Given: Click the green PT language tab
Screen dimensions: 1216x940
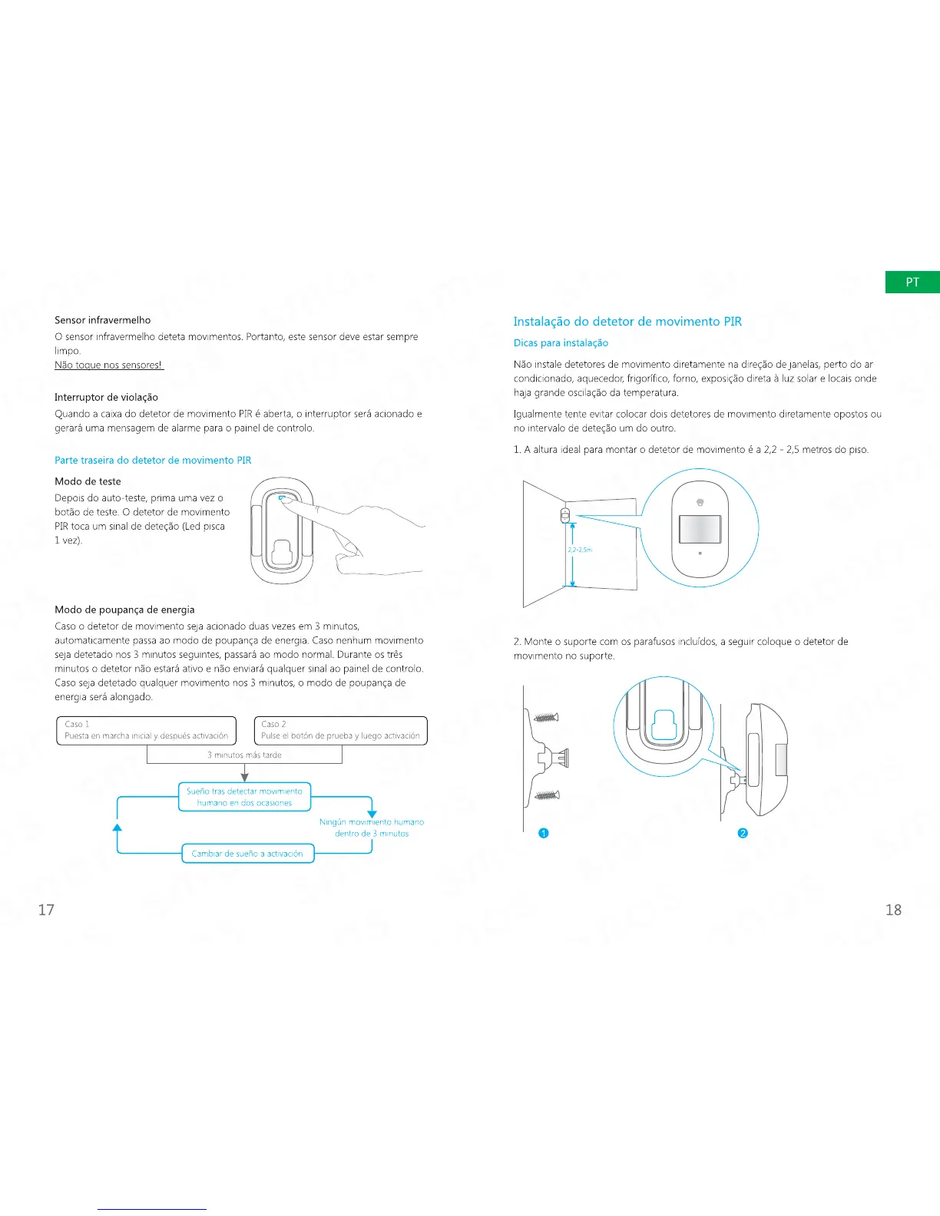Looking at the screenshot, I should pyautogui.click(x=912, y=282).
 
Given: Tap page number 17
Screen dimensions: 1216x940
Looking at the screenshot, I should pyautogui.click(x=46, y=910).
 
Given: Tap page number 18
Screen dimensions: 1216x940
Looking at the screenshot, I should pyautogui.click(x=893, y=910).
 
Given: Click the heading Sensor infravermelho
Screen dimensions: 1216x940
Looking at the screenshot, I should pyautogui.click(x=102, y=320).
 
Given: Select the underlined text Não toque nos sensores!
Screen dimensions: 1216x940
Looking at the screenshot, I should pyautogui.click(x=108, y=365).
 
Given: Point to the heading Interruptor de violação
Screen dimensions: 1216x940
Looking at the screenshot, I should pyautogui.click(x=106, y=397).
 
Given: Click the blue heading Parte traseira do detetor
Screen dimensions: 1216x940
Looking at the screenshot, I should pyautogui.click(x=153, y=460).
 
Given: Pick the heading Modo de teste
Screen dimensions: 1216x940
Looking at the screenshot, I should pyautogui.click(x=88, y=481).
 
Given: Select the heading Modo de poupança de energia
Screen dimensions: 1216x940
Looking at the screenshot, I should pyautogui.click(x=124, y=610).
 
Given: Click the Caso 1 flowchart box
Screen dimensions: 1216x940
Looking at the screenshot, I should pyautogui.click(x=145, y=730).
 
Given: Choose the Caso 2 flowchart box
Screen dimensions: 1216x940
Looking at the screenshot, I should pyautogui.click(x=340, y=730).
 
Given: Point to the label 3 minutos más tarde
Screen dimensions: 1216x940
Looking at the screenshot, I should pyautogui.click(x=244, y=755).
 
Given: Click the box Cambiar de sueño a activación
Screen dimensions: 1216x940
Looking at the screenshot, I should pyautogui.click(x=247, y=854).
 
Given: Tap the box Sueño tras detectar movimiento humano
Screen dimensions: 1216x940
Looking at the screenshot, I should pyautogui.click(x=244, y=797).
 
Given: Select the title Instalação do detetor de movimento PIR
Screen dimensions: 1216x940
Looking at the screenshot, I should pyautogui.click(x=627, y=322).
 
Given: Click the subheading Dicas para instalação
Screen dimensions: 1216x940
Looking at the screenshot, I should pyautogui.click(x=561, y=343).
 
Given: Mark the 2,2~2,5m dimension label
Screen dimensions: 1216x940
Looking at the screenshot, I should pyautogui.click(x=580, y=550).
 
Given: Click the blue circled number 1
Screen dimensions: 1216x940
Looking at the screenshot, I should pyautogui.click(x=543, y=834).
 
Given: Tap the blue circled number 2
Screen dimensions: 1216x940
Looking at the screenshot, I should pyautogui.click(x=742, y=834).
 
